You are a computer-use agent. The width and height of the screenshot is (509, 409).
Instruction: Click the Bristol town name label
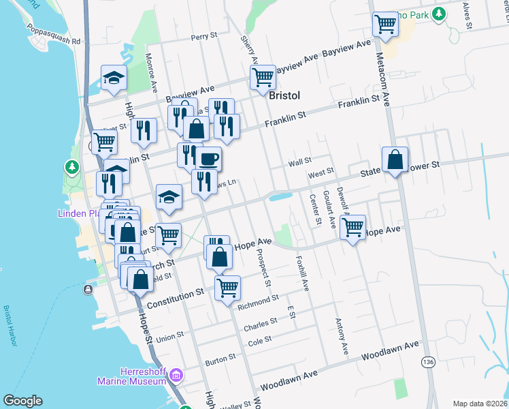[284, 95]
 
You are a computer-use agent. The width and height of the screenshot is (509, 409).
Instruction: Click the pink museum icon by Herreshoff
[176, 374]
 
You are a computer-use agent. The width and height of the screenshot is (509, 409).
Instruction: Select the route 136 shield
[427, 361]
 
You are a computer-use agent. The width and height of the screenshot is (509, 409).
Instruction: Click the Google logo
[22, 401]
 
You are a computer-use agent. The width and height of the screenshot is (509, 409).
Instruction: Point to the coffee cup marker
[209, 160]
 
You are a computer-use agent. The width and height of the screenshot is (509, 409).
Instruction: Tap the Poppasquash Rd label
[54, 35]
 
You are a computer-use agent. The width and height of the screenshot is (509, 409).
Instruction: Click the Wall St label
[299, 162]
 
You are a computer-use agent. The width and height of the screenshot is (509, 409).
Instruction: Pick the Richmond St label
[259, 299]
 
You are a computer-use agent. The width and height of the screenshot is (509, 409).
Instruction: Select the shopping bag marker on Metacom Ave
[395, 161]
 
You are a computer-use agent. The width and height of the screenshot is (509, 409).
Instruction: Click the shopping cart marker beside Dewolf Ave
[352, 228]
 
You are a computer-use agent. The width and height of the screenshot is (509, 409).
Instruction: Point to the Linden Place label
[77, 213]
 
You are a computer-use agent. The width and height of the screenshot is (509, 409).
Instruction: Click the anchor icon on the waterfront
[88, 289]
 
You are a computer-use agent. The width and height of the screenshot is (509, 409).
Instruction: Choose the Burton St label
[220, 357]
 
